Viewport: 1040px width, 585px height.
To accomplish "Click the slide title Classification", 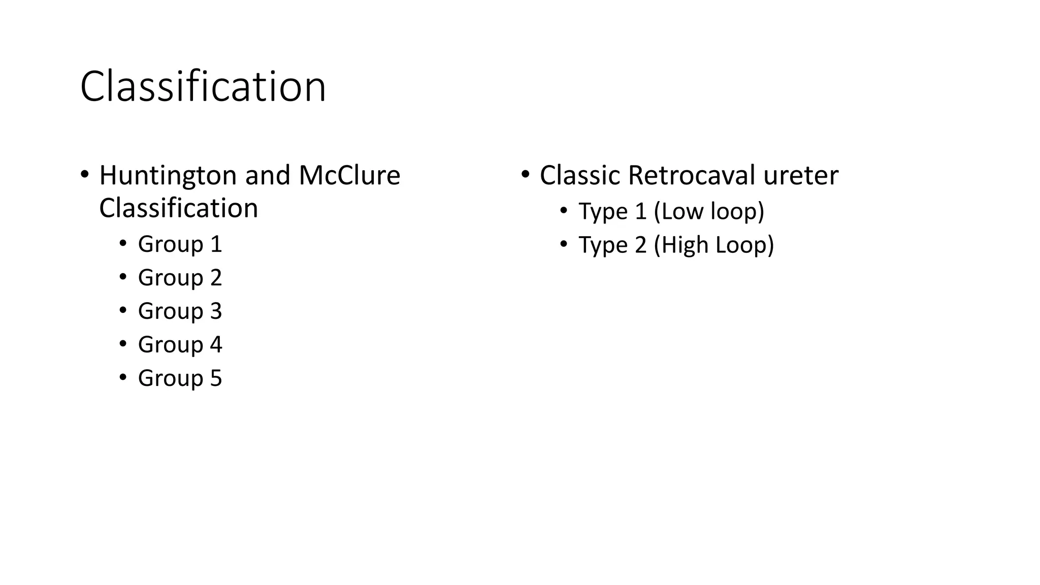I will pyautogui.click(x=203, y=87).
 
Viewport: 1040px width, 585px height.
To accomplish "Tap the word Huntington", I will pyautogui.click(x=168, y=176).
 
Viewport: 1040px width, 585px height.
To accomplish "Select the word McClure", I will pyautogui.click(x=349, y=176).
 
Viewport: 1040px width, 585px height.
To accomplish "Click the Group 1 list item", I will pyautogui.click(x=180, y=244).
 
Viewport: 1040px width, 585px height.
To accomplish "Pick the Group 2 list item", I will pyautogui.click(x=180, y=278).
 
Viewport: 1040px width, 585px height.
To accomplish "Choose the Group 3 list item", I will pyautogui.click(x=180, y=311).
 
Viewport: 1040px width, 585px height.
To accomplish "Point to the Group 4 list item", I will pyautogui.click(x=180, y=345).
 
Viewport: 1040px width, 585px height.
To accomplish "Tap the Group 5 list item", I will pyautogui.click(x=180, y=378).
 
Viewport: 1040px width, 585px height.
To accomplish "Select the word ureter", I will pyautogui.click(x=801, y=176).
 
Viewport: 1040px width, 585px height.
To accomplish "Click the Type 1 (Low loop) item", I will pyautogui.click(x=671, y=211).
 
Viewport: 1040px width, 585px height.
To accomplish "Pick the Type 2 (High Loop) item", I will pyautogui.click(x=676, y=245).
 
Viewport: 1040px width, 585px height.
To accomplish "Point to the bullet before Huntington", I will pyautogui.click(x=84, y=175).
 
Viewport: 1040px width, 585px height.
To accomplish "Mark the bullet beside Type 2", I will pyautogui.click(x=564, y=244).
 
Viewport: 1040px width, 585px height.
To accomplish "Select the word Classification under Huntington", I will pyautogui.click(x=178, y=208).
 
